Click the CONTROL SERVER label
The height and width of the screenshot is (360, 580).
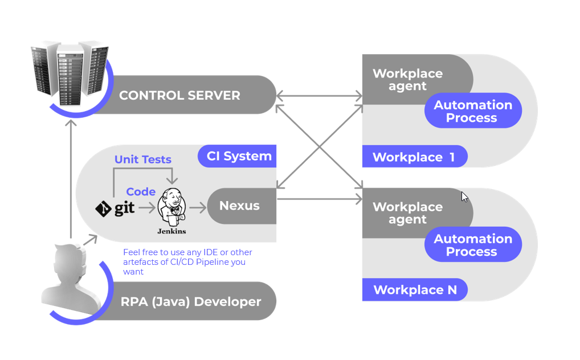tap(179, 96)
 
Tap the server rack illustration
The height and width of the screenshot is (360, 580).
tap(70, 73)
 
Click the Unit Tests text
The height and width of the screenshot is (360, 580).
tap(143, 159)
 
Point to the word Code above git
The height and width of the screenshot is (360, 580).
tap(141, 191)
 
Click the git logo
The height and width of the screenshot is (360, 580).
tap(115, 208)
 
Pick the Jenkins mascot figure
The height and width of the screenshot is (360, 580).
tap(171, 207)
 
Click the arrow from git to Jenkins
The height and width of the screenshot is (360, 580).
tap(147, 208)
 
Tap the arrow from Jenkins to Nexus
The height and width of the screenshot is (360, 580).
tap(198, 207)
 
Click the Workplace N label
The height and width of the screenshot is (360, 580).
tap(415, 290)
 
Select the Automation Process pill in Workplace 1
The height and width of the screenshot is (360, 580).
tap(473, 111)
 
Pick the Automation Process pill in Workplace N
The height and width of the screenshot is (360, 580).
tap(473, 244)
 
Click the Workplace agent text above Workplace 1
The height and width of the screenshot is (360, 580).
tap(407, 80)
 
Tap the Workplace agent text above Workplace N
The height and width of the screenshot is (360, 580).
tap(407, 213)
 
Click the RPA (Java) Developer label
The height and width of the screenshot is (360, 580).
tap(191, 301)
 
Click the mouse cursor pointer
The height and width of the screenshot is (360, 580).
tap(464, 197)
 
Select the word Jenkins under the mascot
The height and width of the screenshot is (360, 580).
tap(171, 231)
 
